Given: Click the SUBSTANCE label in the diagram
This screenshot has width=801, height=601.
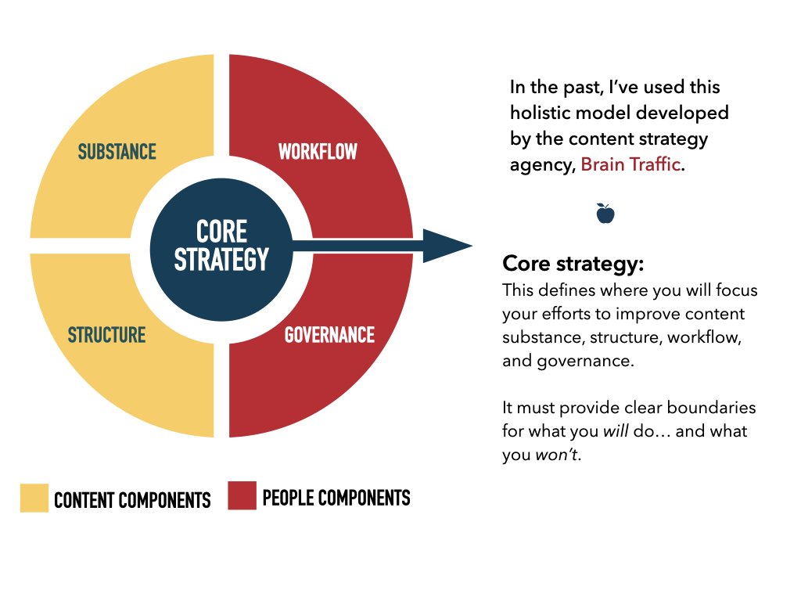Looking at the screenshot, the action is [117, 152].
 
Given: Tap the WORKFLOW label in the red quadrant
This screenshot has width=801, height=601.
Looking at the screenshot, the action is [318, 152].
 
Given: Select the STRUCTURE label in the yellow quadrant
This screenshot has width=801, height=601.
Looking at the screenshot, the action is [106, 335].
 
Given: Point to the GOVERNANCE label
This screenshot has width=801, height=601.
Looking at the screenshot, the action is [329, 335].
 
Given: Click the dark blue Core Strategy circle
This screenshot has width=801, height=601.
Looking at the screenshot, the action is [221, 250].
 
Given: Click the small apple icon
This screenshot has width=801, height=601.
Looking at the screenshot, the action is [605, 213].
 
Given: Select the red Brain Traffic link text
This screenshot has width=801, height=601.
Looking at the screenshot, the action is [630, 164].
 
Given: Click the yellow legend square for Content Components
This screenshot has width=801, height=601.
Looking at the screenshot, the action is [34, 498].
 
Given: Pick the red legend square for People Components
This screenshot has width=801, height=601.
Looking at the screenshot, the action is [242, 495].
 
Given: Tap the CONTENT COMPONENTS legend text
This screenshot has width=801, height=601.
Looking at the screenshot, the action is [132, 500].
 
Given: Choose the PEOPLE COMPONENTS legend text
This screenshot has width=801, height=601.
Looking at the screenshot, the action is [336, 498].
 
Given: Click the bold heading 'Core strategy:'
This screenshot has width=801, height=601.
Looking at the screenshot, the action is [573, 264].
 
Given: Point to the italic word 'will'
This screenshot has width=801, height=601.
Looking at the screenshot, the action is [616, 431].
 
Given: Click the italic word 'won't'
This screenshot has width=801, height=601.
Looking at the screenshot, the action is [556, 455].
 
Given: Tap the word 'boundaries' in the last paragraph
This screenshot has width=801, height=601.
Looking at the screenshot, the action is [711, 407].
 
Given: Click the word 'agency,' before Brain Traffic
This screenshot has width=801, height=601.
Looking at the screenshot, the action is [543, 166].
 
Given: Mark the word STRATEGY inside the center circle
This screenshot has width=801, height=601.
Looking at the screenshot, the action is [221, 259].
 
